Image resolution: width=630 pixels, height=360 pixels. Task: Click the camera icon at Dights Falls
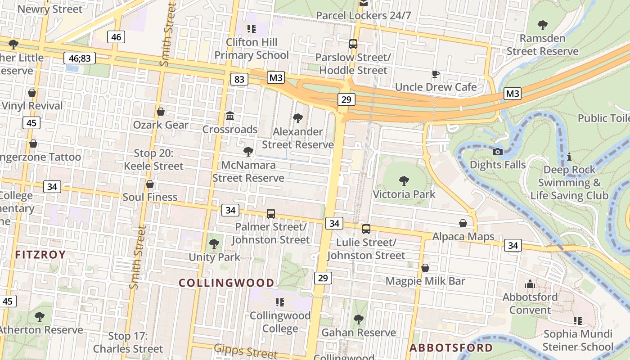point(497,152)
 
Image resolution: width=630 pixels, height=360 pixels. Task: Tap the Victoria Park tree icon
point(404,181)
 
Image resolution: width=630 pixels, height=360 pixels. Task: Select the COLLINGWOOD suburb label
point(226,283)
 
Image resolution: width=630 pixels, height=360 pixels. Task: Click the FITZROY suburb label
point(40,255)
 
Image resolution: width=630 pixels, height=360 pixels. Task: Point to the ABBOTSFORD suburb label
point(451,348)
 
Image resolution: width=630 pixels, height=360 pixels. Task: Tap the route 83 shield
point(239,80)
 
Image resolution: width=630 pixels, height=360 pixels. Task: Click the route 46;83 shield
point(80,58)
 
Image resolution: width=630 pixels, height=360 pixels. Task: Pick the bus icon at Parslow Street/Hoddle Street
point(353,44)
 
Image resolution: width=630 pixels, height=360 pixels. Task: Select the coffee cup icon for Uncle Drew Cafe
point(435,74)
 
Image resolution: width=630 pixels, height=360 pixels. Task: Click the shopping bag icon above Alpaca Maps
point(463,223)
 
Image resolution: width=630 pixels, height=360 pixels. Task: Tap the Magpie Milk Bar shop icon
point(425,268)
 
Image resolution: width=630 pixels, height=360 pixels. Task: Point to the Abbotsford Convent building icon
point(530,284)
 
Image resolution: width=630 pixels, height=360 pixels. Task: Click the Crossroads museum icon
point(230,116)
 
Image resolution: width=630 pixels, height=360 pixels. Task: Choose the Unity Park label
point(214,257)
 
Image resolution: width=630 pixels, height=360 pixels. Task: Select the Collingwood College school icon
point(280,302)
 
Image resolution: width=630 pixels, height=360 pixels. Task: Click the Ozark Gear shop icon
point(160,112)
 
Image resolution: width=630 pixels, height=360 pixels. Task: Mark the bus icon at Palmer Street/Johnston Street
point(271,214)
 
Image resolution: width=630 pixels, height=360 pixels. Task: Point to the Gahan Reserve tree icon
point(358,319)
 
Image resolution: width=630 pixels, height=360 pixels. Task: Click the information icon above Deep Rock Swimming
point(569,157)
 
